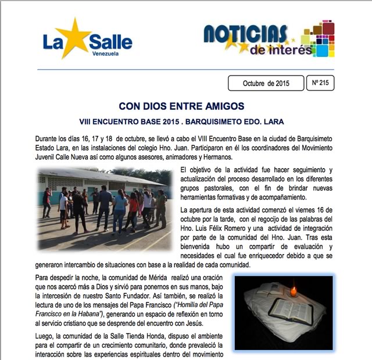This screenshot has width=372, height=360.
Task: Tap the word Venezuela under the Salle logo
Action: (x=105, y=54)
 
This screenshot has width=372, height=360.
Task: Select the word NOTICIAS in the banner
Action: (x=245, y=34)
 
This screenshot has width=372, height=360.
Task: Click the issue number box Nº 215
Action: (x=320, y=83)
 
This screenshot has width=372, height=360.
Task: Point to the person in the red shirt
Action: (x=133, y=205)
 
